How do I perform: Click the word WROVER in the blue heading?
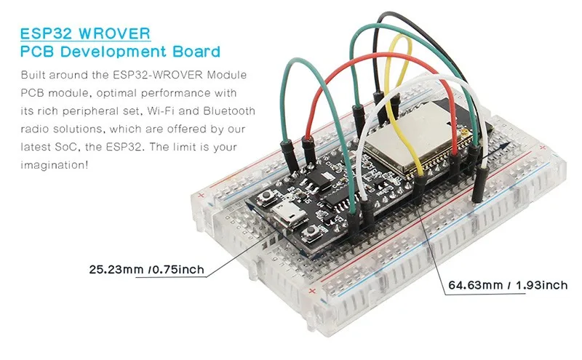114,33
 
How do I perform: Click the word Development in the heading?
114,52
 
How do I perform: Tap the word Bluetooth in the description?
229,111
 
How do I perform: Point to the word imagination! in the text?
55,165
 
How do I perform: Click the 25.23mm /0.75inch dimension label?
147,269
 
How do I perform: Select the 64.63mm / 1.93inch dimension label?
508,284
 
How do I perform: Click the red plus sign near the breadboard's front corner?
312,291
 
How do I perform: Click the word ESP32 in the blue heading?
46,33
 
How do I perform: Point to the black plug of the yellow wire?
420,188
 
